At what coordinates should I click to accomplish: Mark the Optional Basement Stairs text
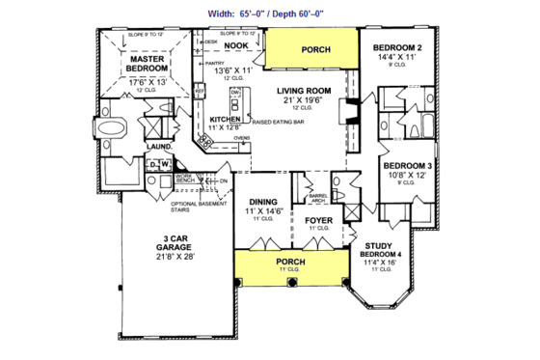click(198, 207)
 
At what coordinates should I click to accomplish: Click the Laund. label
click(158, 149)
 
